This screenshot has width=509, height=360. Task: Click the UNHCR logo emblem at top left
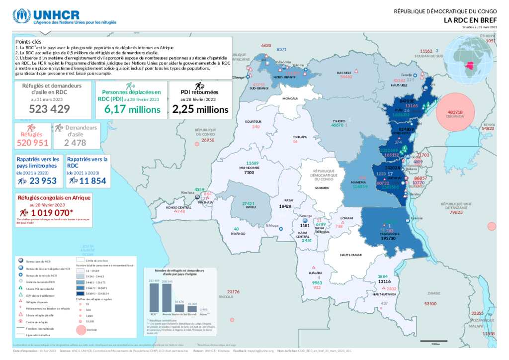click(x=22, y=16)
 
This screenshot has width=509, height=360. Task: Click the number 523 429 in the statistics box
click(x=49, y=109)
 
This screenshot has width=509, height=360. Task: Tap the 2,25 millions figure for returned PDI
click(x=200, y=109)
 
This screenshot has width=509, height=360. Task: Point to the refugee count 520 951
click(x=32, y=143)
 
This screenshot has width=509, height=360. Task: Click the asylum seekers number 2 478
click(x=75, y=143)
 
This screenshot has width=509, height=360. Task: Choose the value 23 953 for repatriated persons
click(x=43, y=181)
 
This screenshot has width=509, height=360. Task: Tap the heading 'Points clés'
click(x=28, y=42)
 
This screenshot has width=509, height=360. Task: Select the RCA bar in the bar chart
click(x=154, y=297)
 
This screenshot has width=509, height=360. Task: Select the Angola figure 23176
click(x=233, y=292)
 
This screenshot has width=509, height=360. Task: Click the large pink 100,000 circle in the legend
click(x=81, y=329)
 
